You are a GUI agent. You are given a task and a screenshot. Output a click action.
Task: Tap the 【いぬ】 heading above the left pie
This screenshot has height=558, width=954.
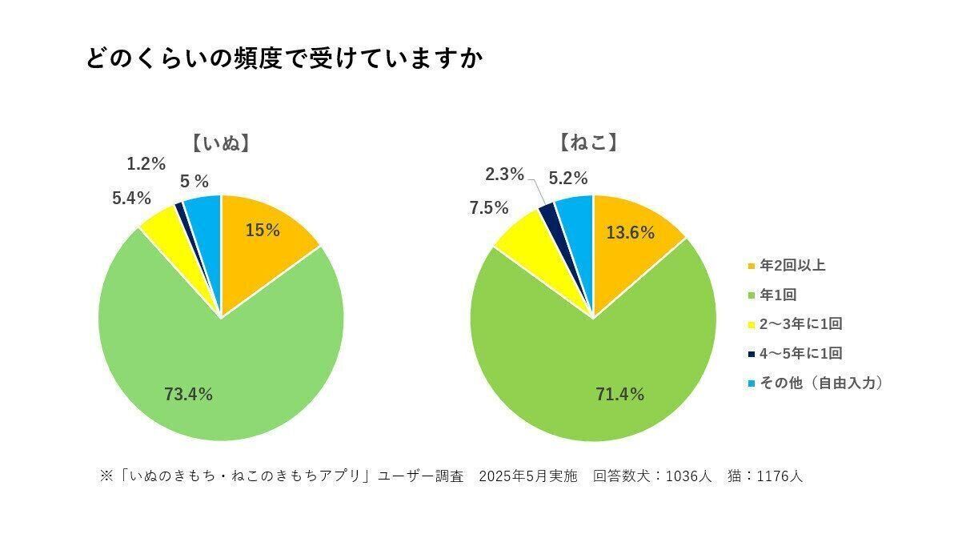coord(221,144)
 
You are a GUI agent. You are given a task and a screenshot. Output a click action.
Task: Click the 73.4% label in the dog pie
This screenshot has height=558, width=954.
coord(188,394)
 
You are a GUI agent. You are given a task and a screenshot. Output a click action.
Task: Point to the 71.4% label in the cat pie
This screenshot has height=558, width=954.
coord(620,394)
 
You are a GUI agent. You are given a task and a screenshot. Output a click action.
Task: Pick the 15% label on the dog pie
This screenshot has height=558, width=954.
coord(263,231)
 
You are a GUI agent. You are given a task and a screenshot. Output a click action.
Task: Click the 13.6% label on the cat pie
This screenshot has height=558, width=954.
coord(631,233)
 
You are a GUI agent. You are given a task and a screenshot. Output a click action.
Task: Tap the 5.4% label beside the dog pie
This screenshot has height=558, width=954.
coord(132,198)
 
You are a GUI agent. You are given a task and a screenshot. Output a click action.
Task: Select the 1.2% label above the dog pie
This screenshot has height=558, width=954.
coord(146,164)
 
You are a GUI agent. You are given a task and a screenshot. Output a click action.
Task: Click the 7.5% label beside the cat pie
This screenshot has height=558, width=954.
coord(489,208)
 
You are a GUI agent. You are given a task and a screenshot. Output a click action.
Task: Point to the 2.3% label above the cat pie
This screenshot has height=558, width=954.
coord(505,174)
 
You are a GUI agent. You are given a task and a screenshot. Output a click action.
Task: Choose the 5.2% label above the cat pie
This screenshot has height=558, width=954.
coord(568,178)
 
